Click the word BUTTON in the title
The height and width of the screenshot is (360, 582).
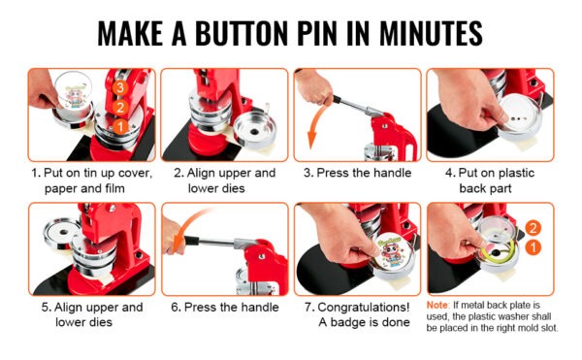point(242,33)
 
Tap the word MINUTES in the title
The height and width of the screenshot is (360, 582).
point(431,33)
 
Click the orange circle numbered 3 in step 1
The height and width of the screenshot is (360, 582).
point(119,87)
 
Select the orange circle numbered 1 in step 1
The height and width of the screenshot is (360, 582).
point(120,127)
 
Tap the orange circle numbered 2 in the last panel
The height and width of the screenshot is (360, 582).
point(533,228)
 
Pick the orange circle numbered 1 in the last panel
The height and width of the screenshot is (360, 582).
point(533,247)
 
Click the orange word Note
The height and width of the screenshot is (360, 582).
point(436,305)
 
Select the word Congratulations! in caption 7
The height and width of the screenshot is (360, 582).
point(364,308)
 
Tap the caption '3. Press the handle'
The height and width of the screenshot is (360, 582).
point(357,173)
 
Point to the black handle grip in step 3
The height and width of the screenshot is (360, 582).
point(337,99)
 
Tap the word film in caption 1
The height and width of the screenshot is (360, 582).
point(114,188)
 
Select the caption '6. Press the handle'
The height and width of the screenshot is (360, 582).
point(225,308)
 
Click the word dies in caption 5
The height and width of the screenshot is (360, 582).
point(101,322)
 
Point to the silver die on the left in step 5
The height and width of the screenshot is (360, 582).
point(62,233)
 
